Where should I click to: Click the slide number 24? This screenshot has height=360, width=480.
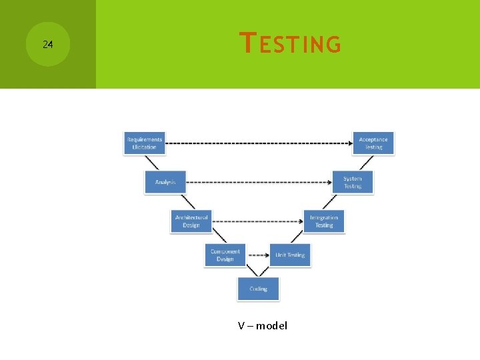tap(47, 45)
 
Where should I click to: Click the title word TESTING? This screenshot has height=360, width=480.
tap(291, 44)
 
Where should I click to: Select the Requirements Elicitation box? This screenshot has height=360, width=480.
tap(144, 143)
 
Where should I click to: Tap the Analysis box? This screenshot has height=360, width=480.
tap(165, 182)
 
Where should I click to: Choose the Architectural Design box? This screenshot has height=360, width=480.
tap(191, 221)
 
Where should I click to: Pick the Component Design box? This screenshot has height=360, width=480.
tap(225, 255)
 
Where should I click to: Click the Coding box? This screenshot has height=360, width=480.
tap(258, 289)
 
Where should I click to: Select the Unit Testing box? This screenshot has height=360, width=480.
tap(290, 255)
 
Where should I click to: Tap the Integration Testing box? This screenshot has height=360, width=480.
tap(324, 221)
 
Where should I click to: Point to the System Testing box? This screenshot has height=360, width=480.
tap(353, 182)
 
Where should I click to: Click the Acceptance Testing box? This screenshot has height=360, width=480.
tap(373, 143)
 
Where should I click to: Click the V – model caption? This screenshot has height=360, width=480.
tap(263, 326)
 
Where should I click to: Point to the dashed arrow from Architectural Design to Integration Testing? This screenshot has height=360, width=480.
tap(257, 221)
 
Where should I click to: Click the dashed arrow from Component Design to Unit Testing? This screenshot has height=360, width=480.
tap(257, 255)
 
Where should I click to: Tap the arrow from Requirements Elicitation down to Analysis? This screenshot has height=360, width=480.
tap(155, 163)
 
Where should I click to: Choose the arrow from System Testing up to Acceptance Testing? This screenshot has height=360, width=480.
tap(363, 163)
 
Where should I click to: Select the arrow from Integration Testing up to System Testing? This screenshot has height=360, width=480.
tap(339, 201)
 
